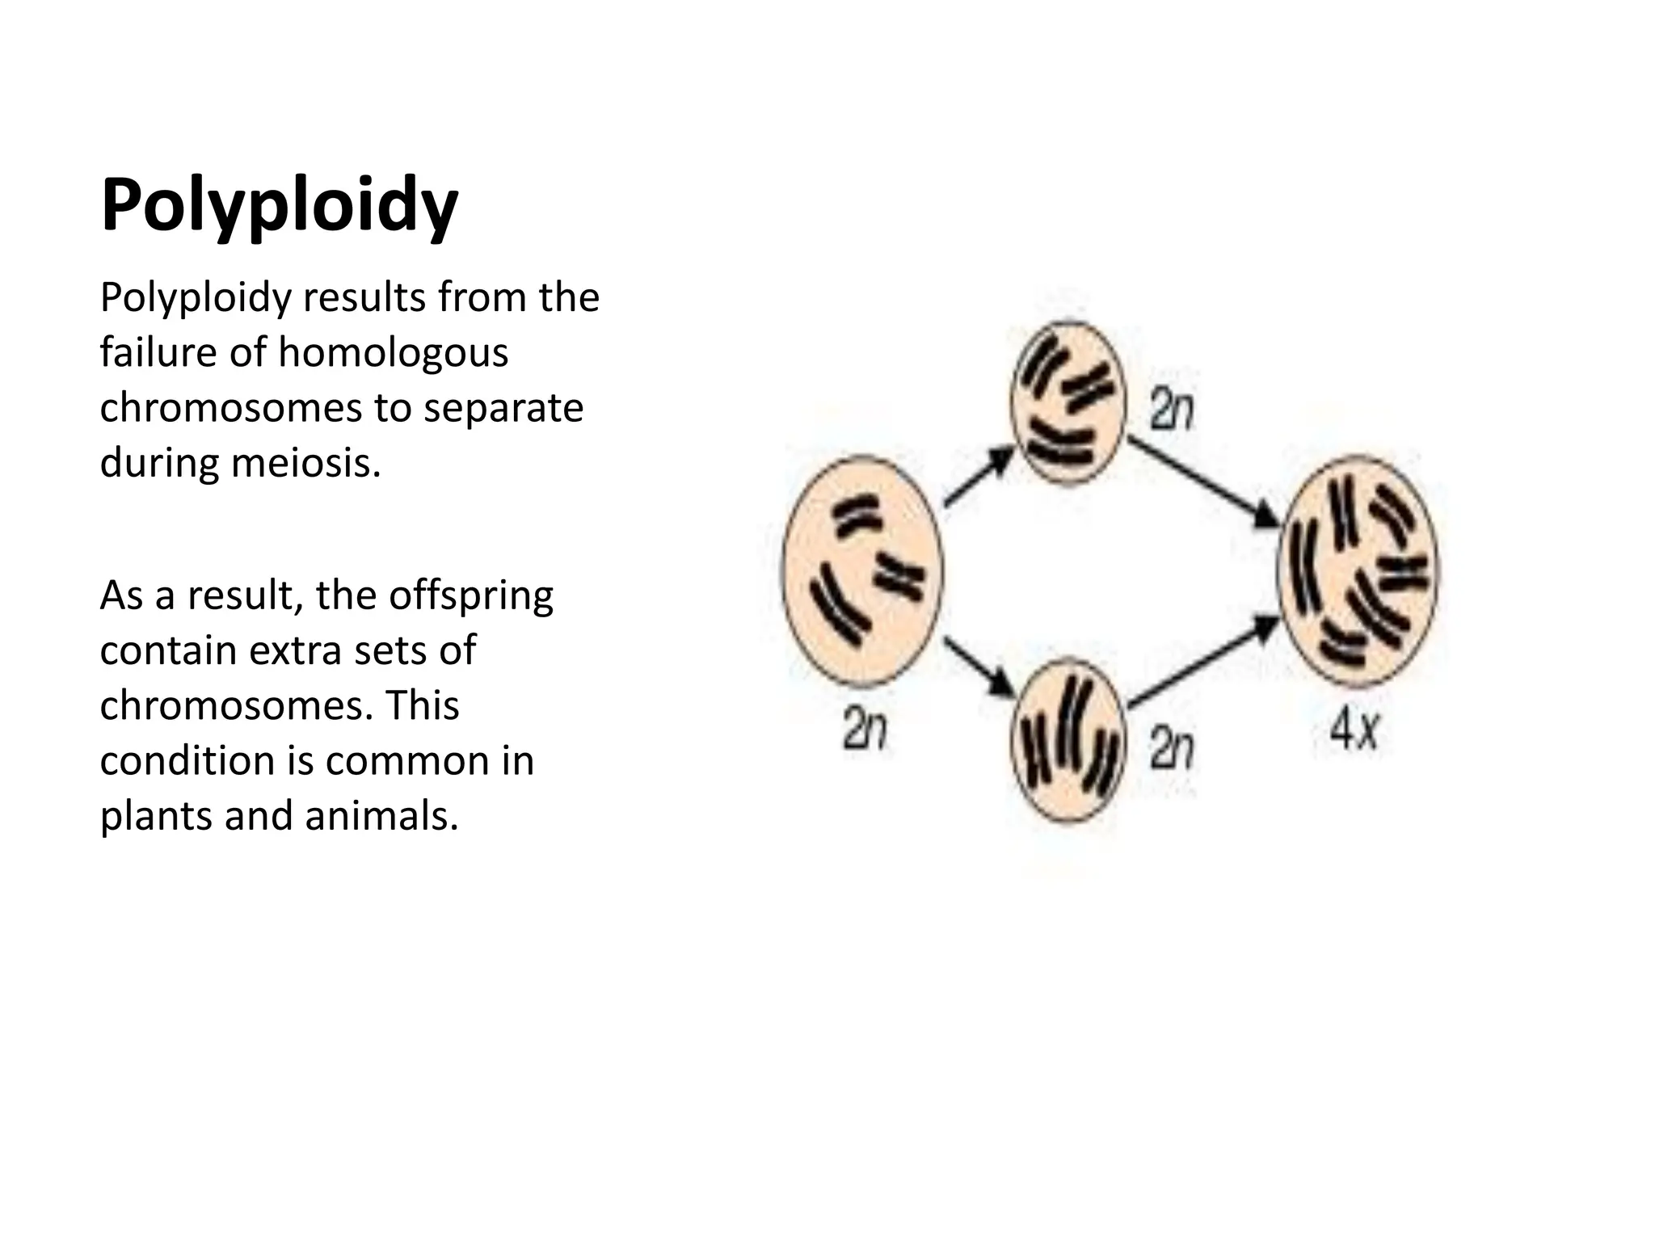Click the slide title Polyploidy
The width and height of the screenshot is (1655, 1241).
(279, 206)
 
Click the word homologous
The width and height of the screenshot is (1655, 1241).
(393, 353)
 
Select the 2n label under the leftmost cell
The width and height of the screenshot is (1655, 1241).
(864, 729)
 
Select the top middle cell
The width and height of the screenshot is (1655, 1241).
(1068, 402)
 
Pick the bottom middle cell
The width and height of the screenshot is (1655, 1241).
(1068, 739)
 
